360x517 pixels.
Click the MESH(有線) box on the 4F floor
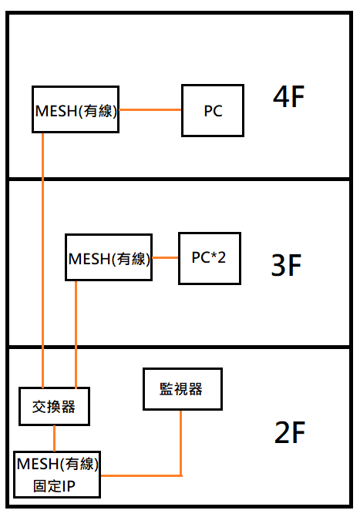[x=76, y=109]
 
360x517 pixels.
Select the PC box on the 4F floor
[x=213, y=111]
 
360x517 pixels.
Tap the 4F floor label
[x=290, y=98]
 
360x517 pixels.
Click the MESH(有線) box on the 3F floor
[x=109, y=257]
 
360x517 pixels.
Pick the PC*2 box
[x=209, y=257]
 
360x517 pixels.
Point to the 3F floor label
[x=286, y=265]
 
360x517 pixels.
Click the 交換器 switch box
[x=54, y=406]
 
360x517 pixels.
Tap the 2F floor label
[x=290, y=434]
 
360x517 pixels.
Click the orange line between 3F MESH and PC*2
[x=166, y=257]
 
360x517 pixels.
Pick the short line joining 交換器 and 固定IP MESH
[x=54, y=438]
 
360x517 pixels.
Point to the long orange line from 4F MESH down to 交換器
[x=43, y=254]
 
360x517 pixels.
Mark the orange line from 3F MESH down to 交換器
[x=76, y=331]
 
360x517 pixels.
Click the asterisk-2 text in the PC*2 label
[x=217, y=257]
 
